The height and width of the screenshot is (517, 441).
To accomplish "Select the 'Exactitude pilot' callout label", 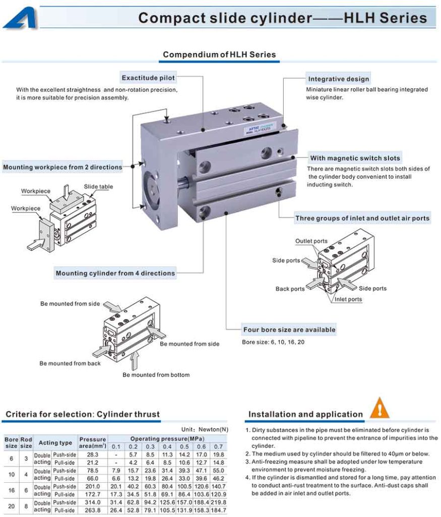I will (148, 78).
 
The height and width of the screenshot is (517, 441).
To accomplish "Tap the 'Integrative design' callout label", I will (338, 79).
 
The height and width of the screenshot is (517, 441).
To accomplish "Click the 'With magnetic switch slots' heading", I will (355, 158).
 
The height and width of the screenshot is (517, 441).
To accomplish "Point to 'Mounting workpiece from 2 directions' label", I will (62, 167).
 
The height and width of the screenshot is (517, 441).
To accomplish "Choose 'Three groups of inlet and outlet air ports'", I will (362, 218).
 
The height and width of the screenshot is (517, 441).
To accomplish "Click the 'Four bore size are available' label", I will (289, 330).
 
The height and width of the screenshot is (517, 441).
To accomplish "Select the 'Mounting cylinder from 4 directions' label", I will (115, 273).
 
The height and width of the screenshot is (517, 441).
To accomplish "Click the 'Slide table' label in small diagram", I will (98, 187).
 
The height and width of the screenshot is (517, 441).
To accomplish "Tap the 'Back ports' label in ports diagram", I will (290, 289).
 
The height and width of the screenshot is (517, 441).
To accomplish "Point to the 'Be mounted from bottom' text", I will (156, 375).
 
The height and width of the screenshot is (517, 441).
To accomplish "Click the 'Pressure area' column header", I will (93, 442).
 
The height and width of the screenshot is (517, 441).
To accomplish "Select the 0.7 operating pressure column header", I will (218, 446).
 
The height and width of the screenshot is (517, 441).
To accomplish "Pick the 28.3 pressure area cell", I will (93, 454).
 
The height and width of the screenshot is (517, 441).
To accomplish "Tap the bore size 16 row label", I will (11, 490).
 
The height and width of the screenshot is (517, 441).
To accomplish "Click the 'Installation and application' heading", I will (305, 415).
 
